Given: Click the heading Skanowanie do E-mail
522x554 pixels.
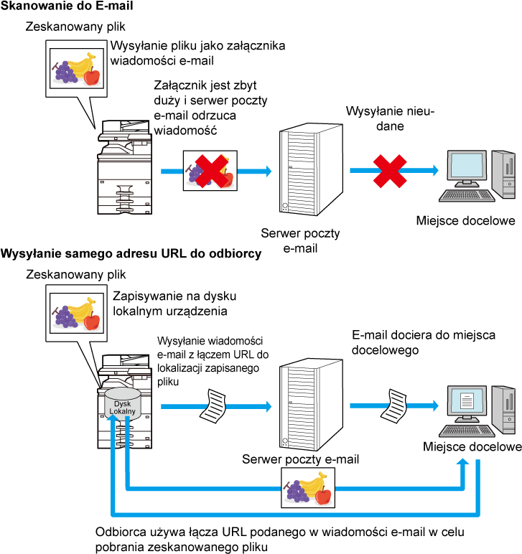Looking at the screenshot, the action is (67, 6).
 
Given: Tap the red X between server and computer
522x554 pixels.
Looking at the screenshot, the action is (390, 171).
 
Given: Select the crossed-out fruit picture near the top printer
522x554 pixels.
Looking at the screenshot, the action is (210, 171).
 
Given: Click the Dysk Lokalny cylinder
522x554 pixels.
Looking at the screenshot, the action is (122, 404).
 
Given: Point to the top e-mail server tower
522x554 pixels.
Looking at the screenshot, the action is (311, 169).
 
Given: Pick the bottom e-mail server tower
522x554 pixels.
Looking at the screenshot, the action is (311, 405).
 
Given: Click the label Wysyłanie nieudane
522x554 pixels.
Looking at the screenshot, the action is (390, 118).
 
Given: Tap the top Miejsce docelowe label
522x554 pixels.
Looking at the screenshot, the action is (465, 220).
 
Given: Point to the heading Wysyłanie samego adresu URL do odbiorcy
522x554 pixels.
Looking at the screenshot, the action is (131, 254).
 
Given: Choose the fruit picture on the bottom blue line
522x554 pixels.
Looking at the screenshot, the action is (308, 488).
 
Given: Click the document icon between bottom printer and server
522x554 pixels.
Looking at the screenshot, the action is (213, 406).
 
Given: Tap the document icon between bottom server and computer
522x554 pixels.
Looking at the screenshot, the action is (393, 405).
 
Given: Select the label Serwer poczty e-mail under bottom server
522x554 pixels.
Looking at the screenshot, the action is (300, 459).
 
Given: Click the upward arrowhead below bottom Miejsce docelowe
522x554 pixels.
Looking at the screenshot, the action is (462, 463).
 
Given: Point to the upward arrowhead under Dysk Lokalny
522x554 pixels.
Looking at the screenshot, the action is (113, 418).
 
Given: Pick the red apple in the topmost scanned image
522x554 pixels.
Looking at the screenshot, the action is (92, 75).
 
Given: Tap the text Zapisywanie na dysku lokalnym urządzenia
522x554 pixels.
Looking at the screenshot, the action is (174, 304).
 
